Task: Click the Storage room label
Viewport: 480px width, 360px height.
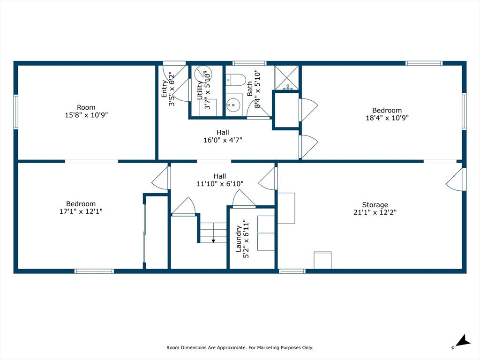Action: (375, 205)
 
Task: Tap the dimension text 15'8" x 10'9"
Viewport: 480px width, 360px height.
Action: (86, 115)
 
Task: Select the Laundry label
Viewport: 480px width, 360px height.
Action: (239, 239)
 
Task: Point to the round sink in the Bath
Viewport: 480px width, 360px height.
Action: (233, 105)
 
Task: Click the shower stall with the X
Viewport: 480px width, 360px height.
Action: (286, 77)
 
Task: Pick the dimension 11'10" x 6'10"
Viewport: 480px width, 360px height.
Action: (220, 184)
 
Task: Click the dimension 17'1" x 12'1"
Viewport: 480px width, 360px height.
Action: (81, 211)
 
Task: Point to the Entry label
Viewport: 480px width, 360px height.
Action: (165, 89)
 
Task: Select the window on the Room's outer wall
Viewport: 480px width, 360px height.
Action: (15, 112)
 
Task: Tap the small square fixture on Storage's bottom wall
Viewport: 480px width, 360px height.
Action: (322, 260)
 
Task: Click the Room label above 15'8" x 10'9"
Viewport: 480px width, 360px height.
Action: (86, 107)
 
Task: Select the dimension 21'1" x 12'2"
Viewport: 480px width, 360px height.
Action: (375, 212)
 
